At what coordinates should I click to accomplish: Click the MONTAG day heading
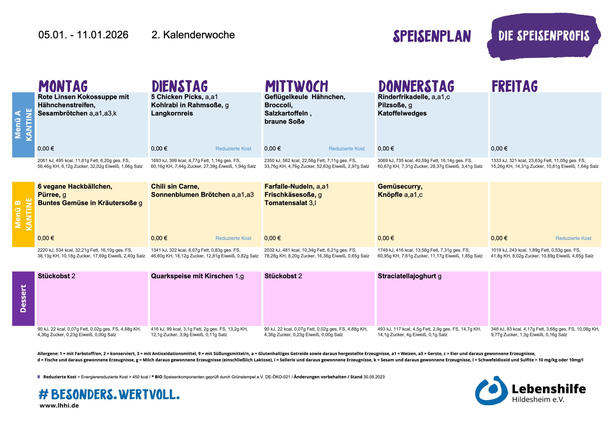pos(63,86)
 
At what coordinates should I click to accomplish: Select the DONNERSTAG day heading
pos(416,86)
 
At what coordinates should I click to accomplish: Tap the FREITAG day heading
pos(514,86)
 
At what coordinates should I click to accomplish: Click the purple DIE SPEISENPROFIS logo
pos(544,36)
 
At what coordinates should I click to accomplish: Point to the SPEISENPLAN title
pos(432,36)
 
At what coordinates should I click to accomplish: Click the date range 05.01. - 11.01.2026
pos(83,35)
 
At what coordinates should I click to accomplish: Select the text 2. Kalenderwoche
pos(193,35)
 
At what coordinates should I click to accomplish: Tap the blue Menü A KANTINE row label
pos(23,125)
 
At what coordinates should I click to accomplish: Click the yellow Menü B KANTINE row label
pos(23,214)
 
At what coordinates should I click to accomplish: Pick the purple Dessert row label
pos(23,299)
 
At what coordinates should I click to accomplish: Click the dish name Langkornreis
pos(172,113)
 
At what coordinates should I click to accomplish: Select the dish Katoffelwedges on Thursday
pos(402,113)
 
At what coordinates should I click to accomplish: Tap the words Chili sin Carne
pos(175,186)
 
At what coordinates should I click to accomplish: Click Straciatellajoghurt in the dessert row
pos(407,276)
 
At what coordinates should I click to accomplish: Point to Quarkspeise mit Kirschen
pos(192,276)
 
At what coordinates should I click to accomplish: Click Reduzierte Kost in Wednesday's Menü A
pos(347,149)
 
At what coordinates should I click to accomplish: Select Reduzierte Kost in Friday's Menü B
pos(573,238)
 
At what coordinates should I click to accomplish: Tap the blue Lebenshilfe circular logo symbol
pos(491,391)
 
